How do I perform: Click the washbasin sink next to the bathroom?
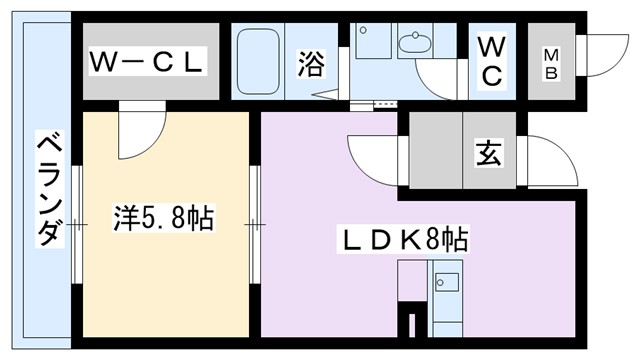[x=413, y=43]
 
